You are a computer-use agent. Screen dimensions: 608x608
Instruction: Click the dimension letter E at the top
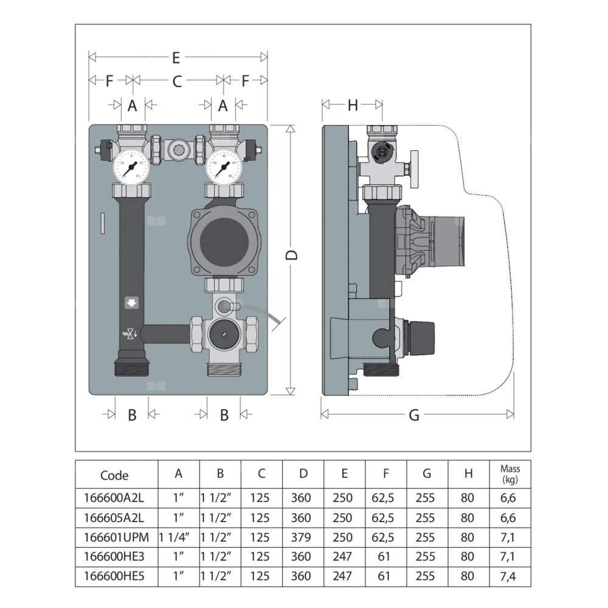tap(176, 58)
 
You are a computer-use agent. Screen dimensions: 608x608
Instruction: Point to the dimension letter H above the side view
tap(353, 105)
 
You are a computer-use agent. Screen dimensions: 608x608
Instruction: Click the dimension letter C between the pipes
tap(178, 81)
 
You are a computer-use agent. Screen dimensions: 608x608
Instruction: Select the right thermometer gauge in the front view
tap(222, 166)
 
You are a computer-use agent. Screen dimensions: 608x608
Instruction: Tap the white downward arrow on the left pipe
tap(131, 303)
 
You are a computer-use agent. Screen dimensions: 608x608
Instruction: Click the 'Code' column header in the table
tap(114, 475)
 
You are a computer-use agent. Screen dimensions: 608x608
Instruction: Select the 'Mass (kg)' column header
tap(510, 474)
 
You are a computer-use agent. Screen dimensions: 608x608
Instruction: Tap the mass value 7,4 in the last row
tap(510, 576)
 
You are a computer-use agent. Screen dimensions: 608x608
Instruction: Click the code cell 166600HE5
tap(114, 576)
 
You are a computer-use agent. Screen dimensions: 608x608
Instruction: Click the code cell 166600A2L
tap(114, 498)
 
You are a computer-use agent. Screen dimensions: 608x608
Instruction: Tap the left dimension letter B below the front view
tap(132, 415)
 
